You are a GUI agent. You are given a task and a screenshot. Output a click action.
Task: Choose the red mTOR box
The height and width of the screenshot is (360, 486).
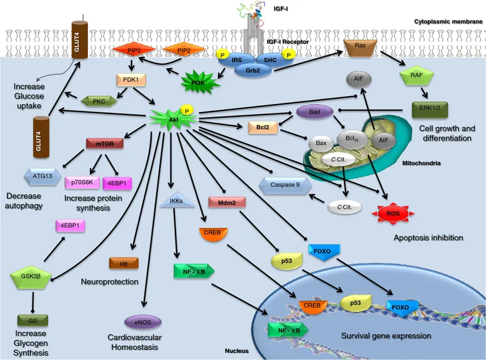click(x=105, y=143)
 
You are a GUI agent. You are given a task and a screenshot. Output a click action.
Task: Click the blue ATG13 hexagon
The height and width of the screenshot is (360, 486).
click(x=43, y=176)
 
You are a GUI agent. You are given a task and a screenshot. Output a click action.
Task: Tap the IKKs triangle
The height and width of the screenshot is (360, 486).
click(x=176, y=201)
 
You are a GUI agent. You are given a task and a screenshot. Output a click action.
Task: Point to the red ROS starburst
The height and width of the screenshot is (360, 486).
click(x=392, y=213)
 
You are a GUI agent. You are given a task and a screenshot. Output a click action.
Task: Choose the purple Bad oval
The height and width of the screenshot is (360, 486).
click(x=314, y=112)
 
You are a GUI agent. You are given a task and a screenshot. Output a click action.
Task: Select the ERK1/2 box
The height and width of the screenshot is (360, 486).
click(x=429, y=108)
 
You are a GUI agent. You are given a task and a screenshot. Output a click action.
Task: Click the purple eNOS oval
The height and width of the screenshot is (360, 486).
click(x=142, y=322)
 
